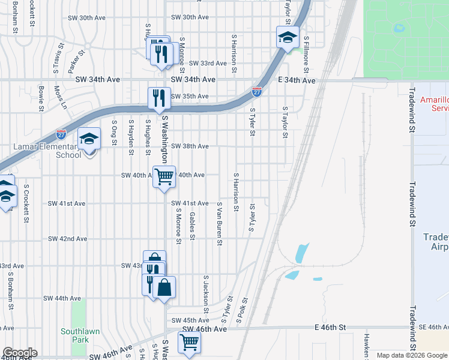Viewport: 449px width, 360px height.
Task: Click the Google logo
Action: pos(19,353)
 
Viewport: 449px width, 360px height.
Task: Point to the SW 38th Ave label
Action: pos(190,146)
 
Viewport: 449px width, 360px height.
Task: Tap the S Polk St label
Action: pos(243,311)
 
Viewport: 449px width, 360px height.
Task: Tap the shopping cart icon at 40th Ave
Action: pos(164,176)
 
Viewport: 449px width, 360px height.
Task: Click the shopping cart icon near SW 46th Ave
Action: pos(190,342)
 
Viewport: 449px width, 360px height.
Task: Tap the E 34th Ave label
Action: pos(300,80)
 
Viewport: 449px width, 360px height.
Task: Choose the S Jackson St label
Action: pos(205,295)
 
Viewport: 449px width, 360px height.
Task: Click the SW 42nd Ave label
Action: pos(68,239)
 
